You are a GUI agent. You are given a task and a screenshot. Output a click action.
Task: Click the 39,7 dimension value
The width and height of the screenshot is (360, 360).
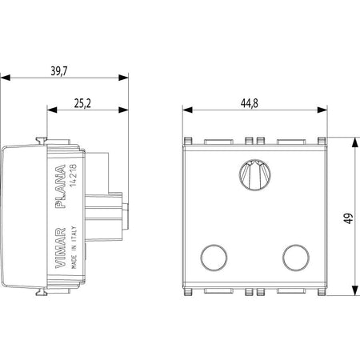[x=59, y=71]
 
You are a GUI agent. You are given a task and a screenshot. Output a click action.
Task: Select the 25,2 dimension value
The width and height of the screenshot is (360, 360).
[x=82, y=103]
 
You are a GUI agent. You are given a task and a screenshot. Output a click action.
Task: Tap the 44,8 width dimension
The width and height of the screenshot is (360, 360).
[x=250, y=103]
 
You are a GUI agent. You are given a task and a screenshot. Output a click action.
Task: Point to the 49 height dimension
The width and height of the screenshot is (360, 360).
[x=348, y=218]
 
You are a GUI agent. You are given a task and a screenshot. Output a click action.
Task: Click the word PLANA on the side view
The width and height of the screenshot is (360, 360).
[x=60, y=186]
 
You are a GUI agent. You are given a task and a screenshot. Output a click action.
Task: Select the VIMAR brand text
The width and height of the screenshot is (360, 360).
[x=60, y=248]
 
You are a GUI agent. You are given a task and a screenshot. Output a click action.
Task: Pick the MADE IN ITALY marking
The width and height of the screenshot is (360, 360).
[x=74, y=247]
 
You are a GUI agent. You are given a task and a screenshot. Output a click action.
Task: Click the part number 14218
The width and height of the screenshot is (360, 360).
[x=73, y=175]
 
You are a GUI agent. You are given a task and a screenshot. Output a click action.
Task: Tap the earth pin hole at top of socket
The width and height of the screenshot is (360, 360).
[x=255, y=174]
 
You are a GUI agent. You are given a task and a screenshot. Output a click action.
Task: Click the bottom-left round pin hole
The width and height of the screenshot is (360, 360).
[x=214, y=258]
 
